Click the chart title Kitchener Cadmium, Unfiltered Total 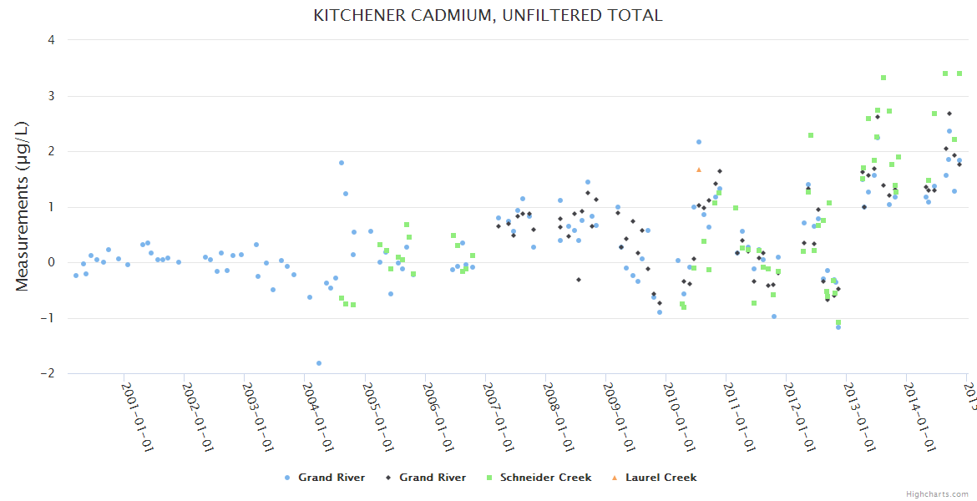pos(488,16)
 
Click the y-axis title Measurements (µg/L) pos(23,206)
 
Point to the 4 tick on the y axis pos(52,40)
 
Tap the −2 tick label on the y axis pos(49,373)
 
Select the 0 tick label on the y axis pos(52,262)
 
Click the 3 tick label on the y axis pos(52,96)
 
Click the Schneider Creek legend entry pos(545,478)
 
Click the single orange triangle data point pos(699,170)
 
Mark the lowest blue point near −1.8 pos(319,363)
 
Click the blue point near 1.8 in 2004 pos(342,163)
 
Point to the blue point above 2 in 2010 pos(699,142)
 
